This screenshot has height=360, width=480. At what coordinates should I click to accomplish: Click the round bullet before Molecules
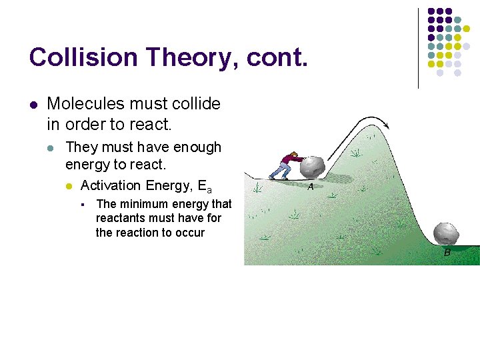click(x=33, y=105)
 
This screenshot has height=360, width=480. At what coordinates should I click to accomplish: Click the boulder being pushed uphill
click(x=311, y=167)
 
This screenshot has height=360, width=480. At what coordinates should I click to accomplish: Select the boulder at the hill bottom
click(x=446, y=233)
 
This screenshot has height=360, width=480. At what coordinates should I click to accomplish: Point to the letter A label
click(x=311, y=187)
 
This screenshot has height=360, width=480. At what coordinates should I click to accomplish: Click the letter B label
click(x=447, y=253)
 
